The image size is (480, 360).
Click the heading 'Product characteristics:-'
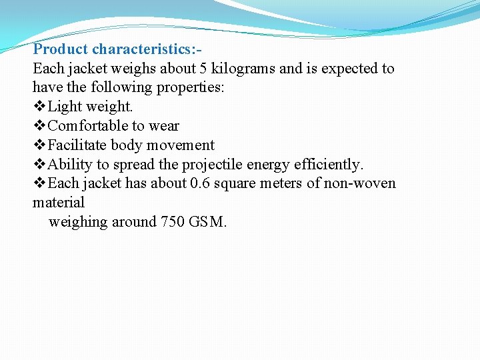click(x=118, y=49)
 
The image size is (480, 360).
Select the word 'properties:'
click(x=191, y=88)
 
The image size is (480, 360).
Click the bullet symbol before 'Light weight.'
click(x=39, y=107)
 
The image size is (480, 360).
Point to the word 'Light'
click(x=65, y=107)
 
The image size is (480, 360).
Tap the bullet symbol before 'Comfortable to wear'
click(x=39, y=126)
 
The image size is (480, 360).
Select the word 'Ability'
click(x=71, y=165)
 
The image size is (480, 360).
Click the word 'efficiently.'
click(x=329, y=165)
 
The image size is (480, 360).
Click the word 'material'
click(x=59, y=203)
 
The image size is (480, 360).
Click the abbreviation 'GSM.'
click(x=209, y=222)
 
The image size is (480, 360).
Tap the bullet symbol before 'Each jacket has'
click(x=39, y=183)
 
